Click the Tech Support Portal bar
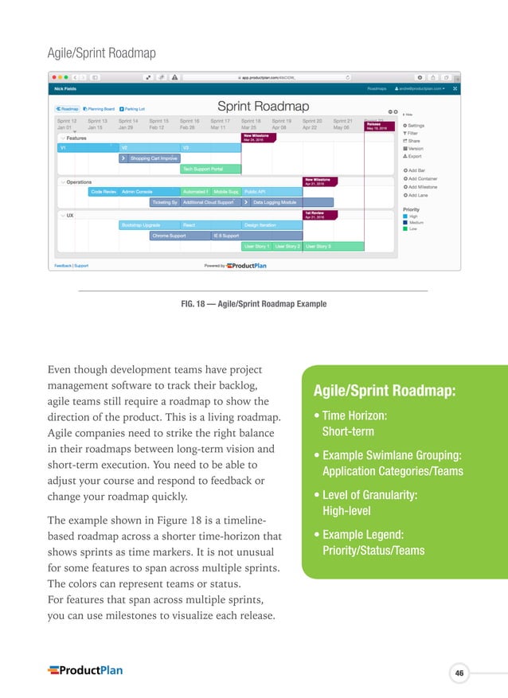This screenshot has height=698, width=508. click(202, 169)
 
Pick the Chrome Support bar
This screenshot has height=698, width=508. click(169, 236)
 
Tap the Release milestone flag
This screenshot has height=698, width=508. click(379, 126)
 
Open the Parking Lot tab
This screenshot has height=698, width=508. click(132, 108)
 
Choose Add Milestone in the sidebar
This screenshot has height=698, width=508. click(421, 187)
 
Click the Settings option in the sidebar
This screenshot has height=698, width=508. click(416, 126)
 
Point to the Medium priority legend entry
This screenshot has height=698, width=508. click(414, 222)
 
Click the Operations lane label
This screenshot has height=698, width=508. click(78, 181)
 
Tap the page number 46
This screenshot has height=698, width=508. click(459, 674)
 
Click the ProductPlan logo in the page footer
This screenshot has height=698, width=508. click(85, 670)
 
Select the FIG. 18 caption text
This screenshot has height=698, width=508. click(253, 303)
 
